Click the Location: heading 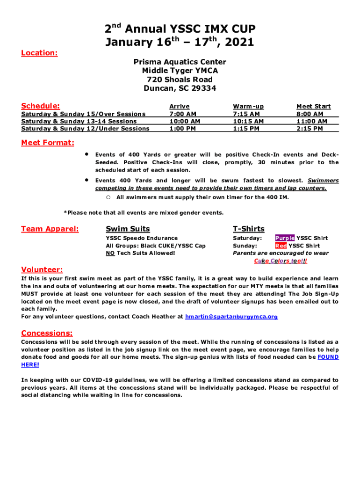39,53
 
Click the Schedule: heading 40,106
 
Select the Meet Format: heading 47,143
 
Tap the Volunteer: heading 42,269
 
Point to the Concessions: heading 47,333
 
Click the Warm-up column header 248,107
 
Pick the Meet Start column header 313,107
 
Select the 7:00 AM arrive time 182,114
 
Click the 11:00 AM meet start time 312,121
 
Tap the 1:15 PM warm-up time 246,129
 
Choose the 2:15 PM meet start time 310,129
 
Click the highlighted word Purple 285,238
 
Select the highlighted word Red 281,246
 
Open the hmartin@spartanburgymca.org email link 231,317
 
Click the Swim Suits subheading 128,229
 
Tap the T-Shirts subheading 249,229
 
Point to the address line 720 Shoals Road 180,80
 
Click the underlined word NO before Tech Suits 110,253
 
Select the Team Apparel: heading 50,229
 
